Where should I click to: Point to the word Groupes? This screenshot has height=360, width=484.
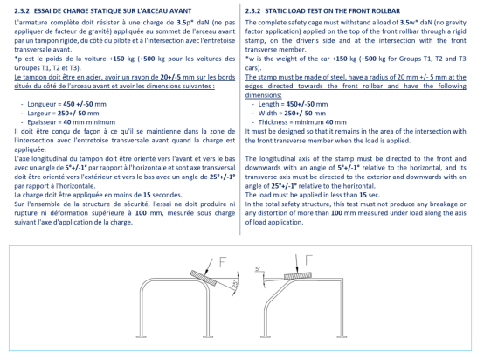pyautogui.click(x=26, y=68)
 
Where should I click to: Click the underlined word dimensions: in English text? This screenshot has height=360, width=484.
pyautogui.click(x=263, y=95)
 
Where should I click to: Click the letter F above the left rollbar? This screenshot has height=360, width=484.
pyautogui.click(x=223, y=262)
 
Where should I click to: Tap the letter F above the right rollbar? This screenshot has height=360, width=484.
pyautogui.click(x=308, y=260)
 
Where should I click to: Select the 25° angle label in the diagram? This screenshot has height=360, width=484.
pyautogui.click(x=235, y=283)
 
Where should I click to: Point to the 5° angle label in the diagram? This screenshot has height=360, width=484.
pyautogui.click(x=258, y=269)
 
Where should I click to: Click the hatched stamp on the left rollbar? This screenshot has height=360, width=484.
pyautogui.click(x=204, y=278)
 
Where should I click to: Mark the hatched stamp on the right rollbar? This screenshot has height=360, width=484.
pyautogui.click(x=298, y=276)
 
